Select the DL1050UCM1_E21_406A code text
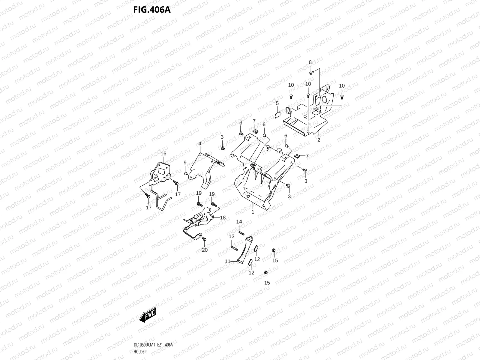tap(153, 345)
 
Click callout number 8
tap(310, 62)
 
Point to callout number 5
tap(277, 103)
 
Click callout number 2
tap(319, 140)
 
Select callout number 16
tap(163, 154)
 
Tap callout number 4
tap(199, 144)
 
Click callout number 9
tap(185, 162)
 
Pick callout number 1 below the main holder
tap(253, 212)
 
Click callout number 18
tap(223, 217)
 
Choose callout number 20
tap(205, 250)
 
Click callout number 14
tap(239, 221)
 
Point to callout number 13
tap(232, 236)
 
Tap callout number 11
tap(227, 262)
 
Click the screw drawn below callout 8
tap(311, 72)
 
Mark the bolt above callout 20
tap(204, 239)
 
